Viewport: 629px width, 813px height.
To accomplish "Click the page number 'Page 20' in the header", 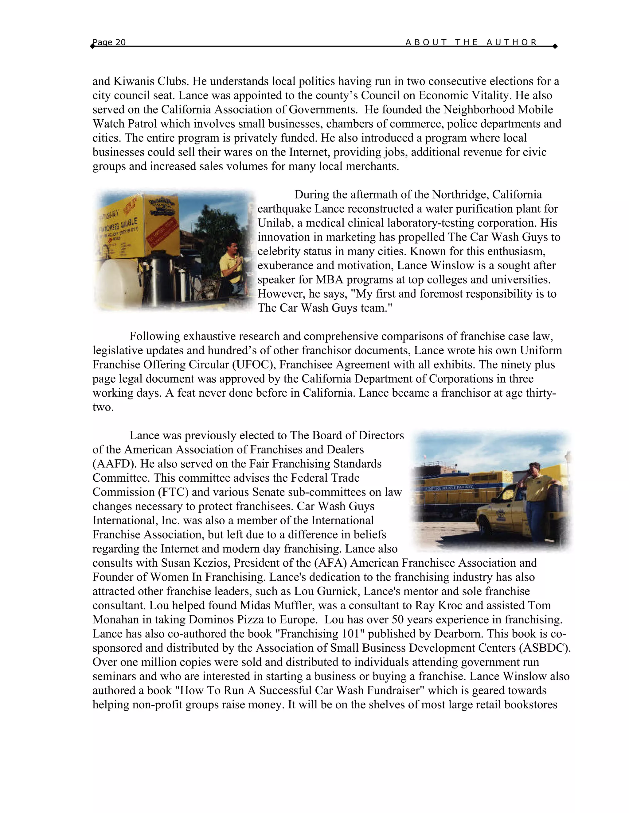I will tap(109, 42).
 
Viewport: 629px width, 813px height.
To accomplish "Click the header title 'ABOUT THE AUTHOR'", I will tap(471, 42).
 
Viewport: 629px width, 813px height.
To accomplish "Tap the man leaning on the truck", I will tap(537, 495).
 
